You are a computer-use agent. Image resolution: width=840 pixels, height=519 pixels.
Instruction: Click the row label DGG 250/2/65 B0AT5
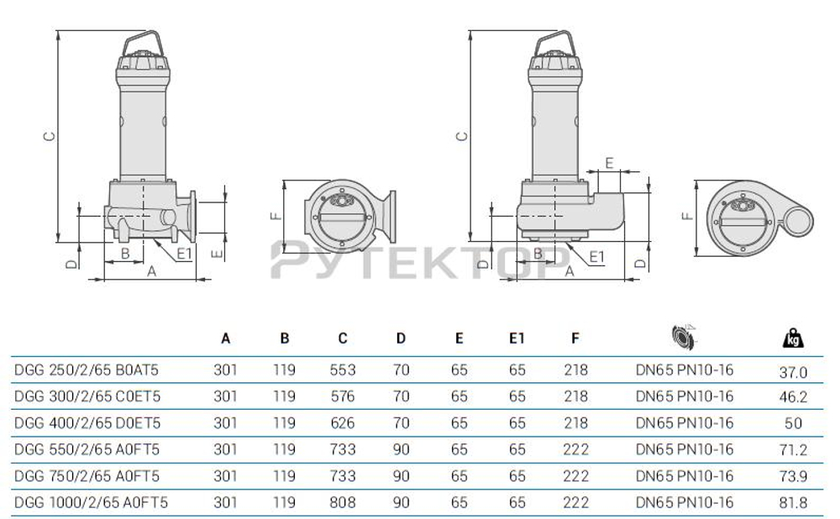pyautogui.click(x=87, y=370)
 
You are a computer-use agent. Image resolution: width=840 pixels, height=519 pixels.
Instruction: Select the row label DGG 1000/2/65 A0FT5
pyautogui.click(x=92, y=502)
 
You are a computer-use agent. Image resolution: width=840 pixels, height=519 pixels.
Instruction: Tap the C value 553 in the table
pyautogui.click(x=342, y=370)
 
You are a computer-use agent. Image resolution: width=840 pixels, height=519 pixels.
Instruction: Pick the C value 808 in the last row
pyautogui.click(x=342, y=502)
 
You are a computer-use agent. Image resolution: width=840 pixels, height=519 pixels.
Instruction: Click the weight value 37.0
pyautogui.click(x=793, y=371)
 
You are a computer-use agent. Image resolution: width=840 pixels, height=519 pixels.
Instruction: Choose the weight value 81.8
pyautogui.click(x=793, y=502)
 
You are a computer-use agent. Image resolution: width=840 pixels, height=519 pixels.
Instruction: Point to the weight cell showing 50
pyautogui.click(x=793, y=423)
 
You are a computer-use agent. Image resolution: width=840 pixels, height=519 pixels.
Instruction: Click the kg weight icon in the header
pyautogui.click(x=793, y=338)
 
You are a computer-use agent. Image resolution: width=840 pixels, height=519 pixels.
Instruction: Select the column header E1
pyautogui.click(x=517, y=338)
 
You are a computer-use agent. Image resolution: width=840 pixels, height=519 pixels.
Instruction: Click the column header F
pyautogui.click(x=575, y=338)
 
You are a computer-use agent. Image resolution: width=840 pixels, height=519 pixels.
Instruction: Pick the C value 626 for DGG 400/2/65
pyautogui.click(x=342, y=422)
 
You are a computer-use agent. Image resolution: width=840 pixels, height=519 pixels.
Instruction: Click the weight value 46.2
pyautogui.click(x=793, y=396)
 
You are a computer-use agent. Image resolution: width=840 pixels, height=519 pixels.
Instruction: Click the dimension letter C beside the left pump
pyautogui.click(x=50, y=136)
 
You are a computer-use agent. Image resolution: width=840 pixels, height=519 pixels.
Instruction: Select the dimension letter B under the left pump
pyautogui.click(x=124, y=252)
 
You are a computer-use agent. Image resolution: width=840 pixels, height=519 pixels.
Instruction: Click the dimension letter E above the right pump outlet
pyautogui.click(x=610, y=161)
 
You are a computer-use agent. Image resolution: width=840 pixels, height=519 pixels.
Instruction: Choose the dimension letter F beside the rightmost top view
pyautogui.click(x=688, y=214)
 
